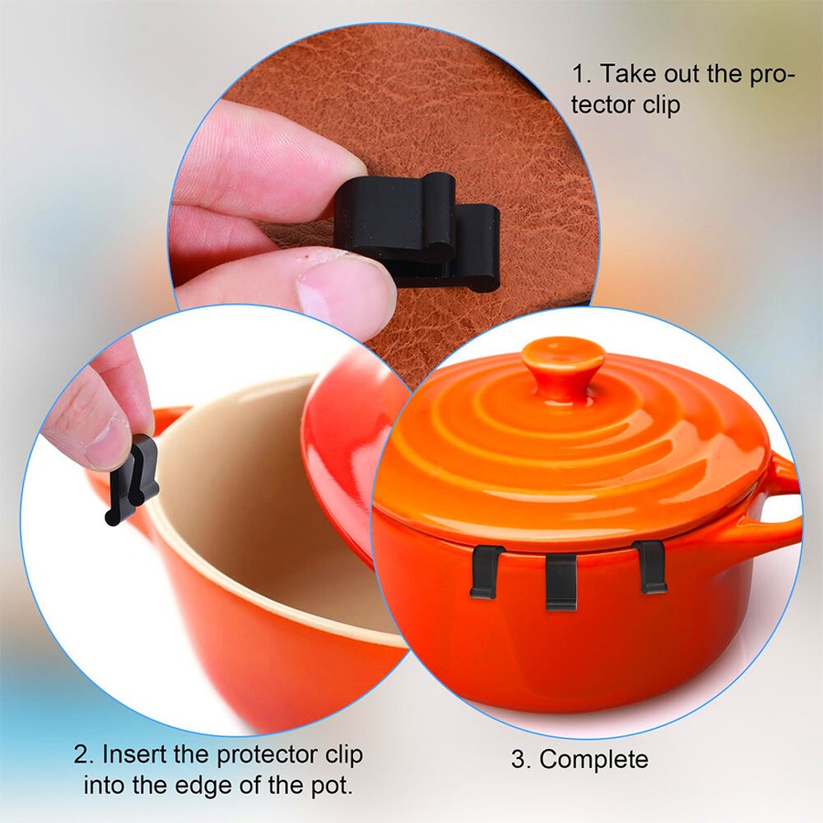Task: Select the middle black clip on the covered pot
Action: (561, 581)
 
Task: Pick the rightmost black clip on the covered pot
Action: (650, 566)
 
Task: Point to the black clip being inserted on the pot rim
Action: (133, 480)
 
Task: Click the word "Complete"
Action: (593, 759)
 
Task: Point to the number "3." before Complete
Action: (521, 759)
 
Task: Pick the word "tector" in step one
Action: (608, 105)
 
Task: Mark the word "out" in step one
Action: (688, 73)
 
